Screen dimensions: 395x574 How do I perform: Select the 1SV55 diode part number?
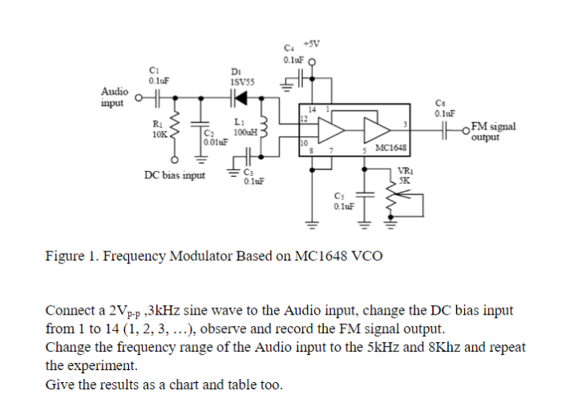[241, 82]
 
